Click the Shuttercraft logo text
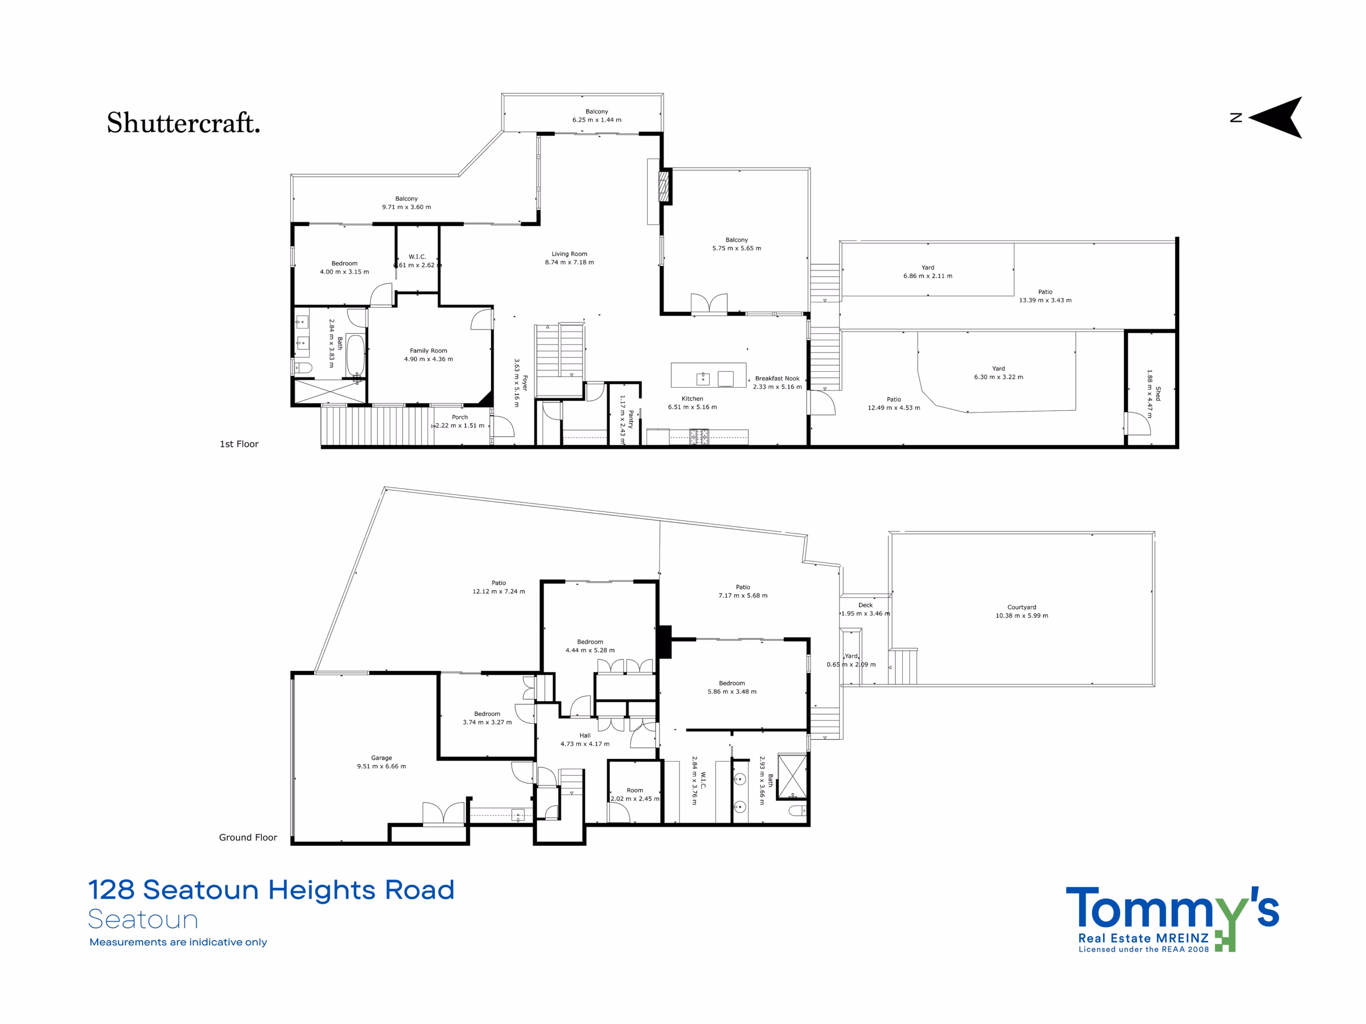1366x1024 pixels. [184, 123]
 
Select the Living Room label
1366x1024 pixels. [569, 254]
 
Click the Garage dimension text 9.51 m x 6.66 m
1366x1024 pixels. [382, 766]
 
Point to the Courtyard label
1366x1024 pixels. [1022, 607]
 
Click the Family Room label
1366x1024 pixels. [428, 350]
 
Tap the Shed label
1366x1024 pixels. [1158, 394]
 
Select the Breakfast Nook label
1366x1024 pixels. [777, 378]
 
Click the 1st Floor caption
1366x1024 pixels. [239, 444]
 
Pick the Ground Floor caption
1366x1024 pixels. [248, 837]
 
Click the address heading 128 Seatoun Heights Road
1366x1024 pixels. [271, 890]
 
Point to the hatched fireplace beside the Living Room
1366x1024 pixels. [664, 186]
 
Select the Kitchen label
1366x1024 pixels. [692, 399]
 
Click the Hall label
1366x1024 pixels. [585, 735]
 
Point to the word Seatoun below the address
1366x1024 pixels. [142, 919]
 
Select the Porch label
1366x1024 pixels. [460, 417]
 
